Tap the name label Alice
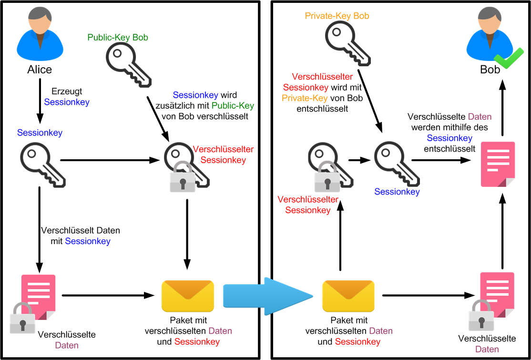[x=40, y=70]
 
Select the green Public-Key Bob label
[x=118, y=37]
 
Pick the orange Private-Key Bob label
[x=337, y=16]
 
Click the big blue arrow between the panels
[x=267, y=296]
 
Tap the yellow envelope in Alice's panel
[x=187, y=296]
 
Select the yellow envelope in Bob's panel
[x=348, y=296]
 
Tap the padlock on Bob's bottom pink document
[x=481, y=316]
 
